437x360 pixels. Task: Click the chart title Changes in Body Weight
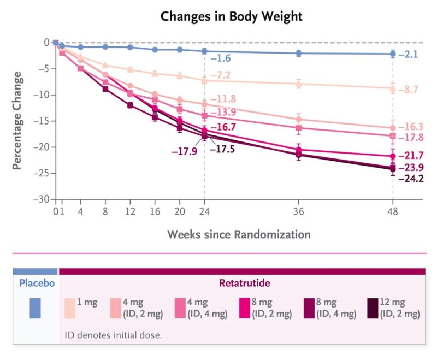tap(231, 16)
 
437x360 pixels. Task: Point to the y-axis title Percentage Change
tap(17, 120)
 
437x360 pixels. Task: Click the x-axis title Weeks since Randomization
tap(239, 234)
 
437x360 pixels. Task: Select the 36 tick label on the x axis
tap(298, 211)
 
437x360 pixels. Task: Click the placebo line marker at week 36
tap(298, 53)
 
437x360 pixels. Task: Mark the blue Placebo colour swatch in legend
tap(36, 308)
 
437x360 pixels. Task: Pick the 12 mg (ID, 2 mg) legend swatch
tap(373, 308)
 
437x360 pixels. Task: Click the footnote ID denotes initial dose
tap(114, 334)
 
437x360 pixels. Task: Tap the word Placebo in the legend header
tap(35, 284)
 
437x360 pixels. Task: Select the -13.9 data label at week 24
tap(224, 111)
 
